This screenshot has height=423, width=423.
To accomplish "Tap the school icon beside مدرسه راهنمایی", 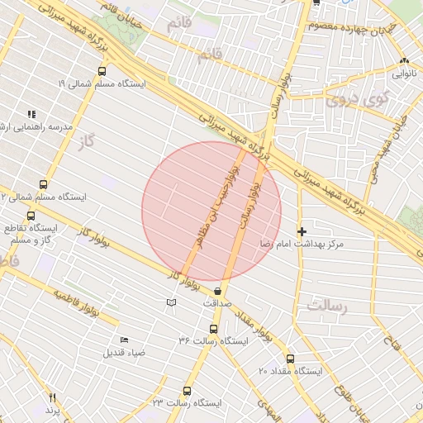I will (x=31, y=114).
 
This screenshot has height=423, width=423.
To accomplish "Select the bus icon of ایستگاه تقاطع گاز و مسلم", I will (x=31, y=216).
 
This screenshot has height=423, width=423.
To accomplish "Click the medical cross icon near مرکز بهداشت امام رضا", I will (x=302, y=231).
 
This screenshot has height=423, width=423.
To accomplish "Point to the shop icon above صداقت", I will (x=217, y=291).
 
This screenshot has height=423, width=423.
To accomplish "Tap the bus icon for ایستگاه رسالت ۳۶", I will (x=214, y=329).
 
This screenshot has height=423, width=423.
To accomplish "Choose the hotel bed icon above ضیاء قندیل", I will (x=124, y=340).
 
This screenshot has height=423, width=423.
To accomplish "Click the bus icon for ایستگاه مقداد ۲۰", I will (x=290, y=359).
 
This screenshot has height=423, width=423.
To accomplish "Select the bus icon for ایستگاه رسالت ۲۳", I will (x=187, y=391).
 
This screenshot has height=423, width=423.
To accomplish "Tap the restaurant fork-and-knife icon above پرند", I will (x=53, y=397).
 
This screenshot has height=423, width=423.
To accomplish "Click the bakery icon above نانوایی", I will (x=404, y=60).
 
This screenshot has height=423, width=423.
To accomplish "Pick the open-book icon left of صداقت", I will (x=171, y=303).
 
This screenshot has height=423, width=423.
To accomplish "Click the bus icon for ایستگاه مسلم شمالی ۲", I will (x=43, y=184).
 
